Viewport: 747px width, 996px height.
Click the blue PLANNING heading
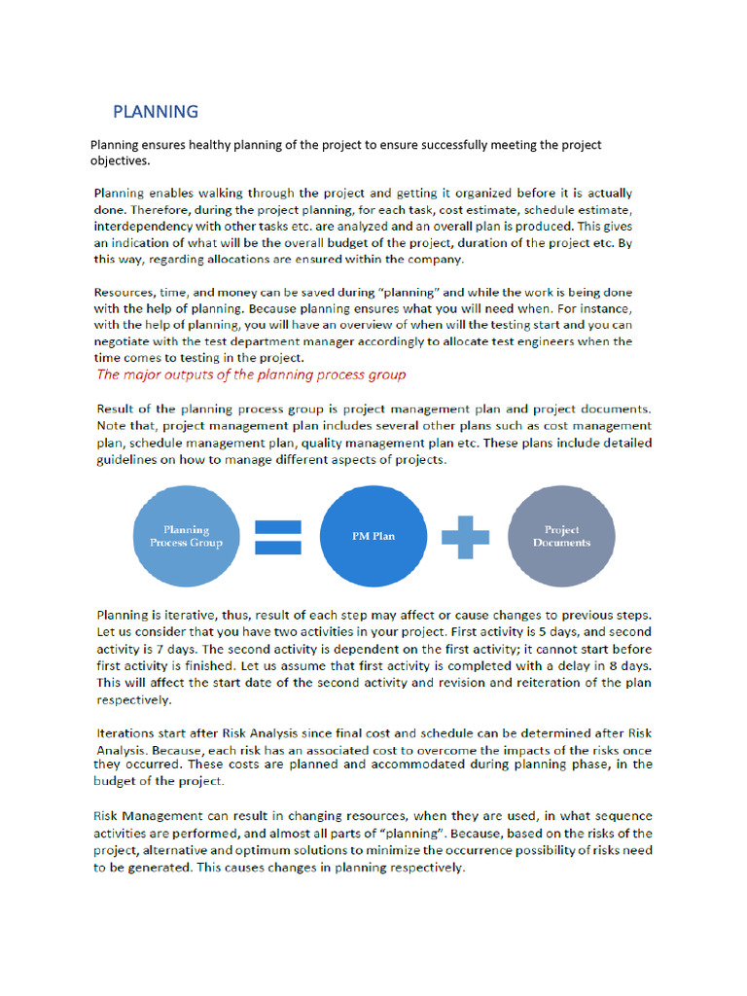pos(156,111)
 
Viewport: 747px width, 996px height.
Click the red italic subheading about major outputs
pos(250,374)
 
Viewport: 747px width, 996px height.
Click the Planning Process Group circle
pos(186,536)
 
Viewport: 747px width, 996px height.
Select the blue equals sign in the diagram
pos(277,536)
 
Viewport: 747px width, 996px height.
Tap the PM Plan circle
pos(373,536)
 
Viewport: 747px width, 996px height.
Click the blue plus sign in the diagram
pos(465,536)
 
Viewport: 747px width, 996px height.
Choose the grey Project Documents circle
pos(561,536)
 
